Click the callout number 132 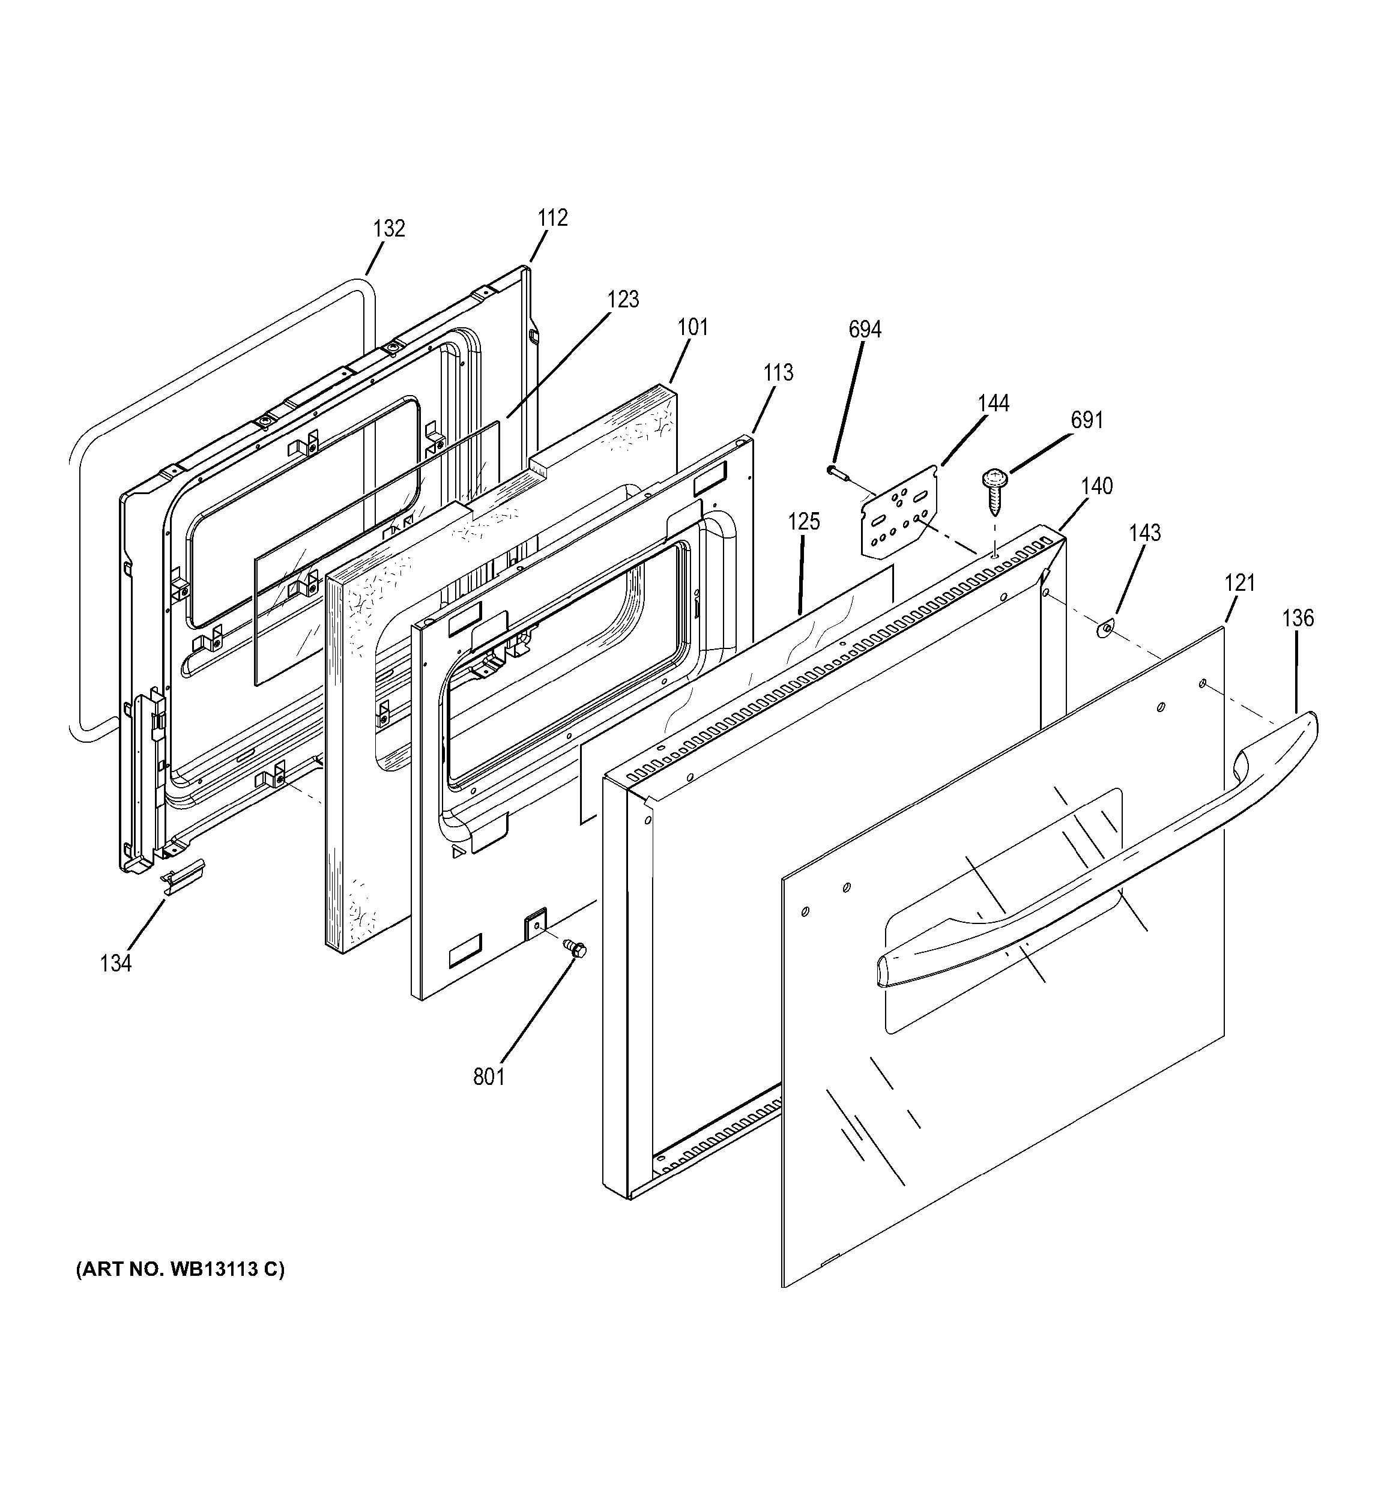pyautogui.click(x=388, y=229)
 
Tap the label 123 pyautogui.click(x=623, y=300)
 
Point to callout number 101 pyautogui.click(x=693, y=327)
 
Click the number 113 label pyautogui.click(x=778, y=373)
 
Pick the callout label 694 pyautogui.click(x=865, y=330)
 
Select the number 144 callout pyautogui.click(x=993, y=403)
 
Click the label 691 pyautogui.click(x=1087, y=421)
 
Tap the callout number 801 pyautogui.click(x=489, y=1077)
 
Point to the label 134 pyautogui.click(x=116, y=964)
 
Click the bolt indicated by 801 pyautogui.click(x=576, y=949)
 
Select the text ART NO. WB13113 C pyautogui.click(x=180, y=1269)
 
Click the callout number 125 pyautogui.click(x=803, y=522)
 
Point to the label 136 pyautogui.click(x=1298, y=618)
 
